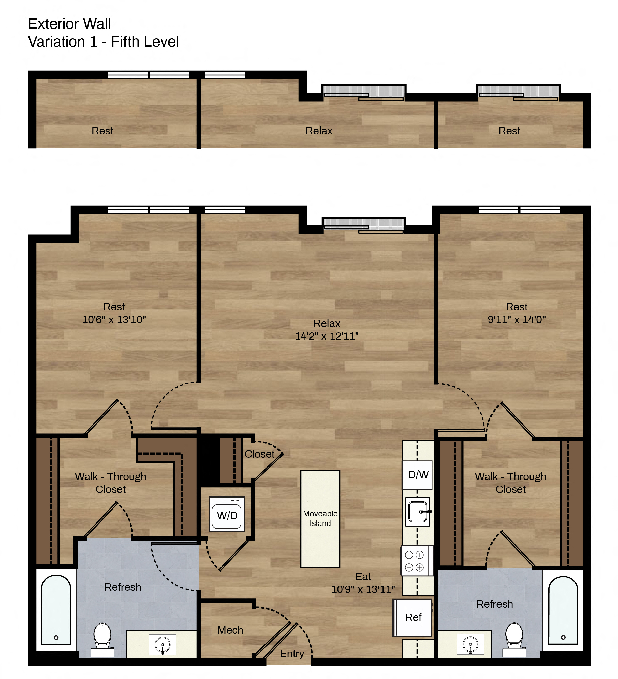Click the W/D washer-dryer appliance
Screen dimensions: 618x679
227,514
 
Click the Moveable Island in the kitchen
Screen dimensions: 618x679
320,519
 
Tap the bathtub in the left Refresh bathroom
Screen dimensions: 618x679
56,609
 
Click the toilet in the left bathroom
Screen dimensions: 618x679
102,640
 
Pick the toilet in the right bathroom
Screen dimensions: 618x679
514,640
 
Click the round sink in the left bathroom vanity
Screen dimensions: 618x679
163,645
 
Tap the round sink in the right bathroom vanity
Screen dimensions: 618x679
470,645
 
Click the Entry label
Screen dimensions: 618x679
292,654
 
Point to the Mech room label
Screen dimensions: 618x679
230,630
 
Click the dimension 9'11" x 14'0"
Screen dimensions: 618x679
517,319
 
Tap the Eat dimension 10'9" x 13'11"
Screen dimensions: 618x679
363,589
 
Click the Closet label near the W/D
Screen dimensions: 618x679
259,454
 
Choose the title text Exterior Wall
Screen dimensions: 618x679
69,24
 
